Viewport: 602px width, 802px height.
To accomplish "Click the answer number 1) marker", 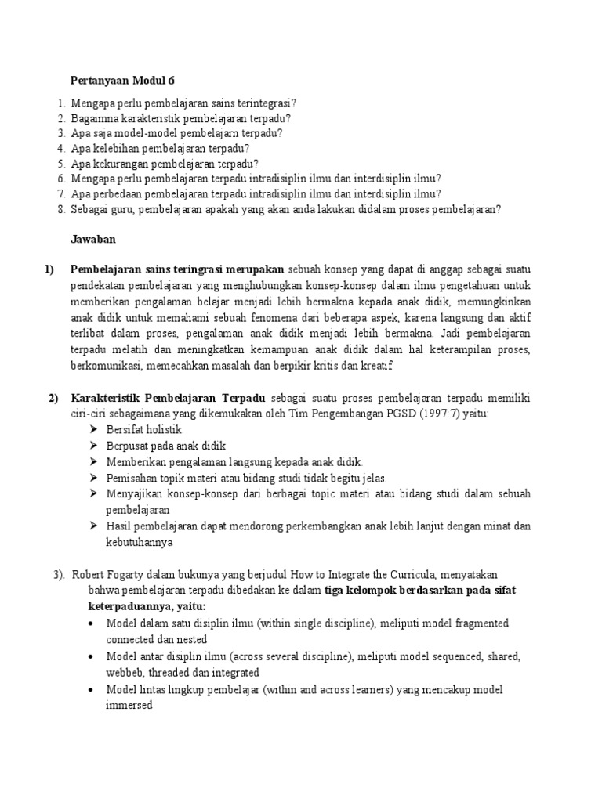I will point(49,269).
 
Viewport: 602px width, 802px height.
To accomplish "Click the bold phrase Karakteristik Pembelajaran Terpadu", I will point(169,398).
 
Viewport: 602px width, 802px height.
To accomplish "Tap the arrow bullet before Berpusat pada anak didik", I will point(93,446).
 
